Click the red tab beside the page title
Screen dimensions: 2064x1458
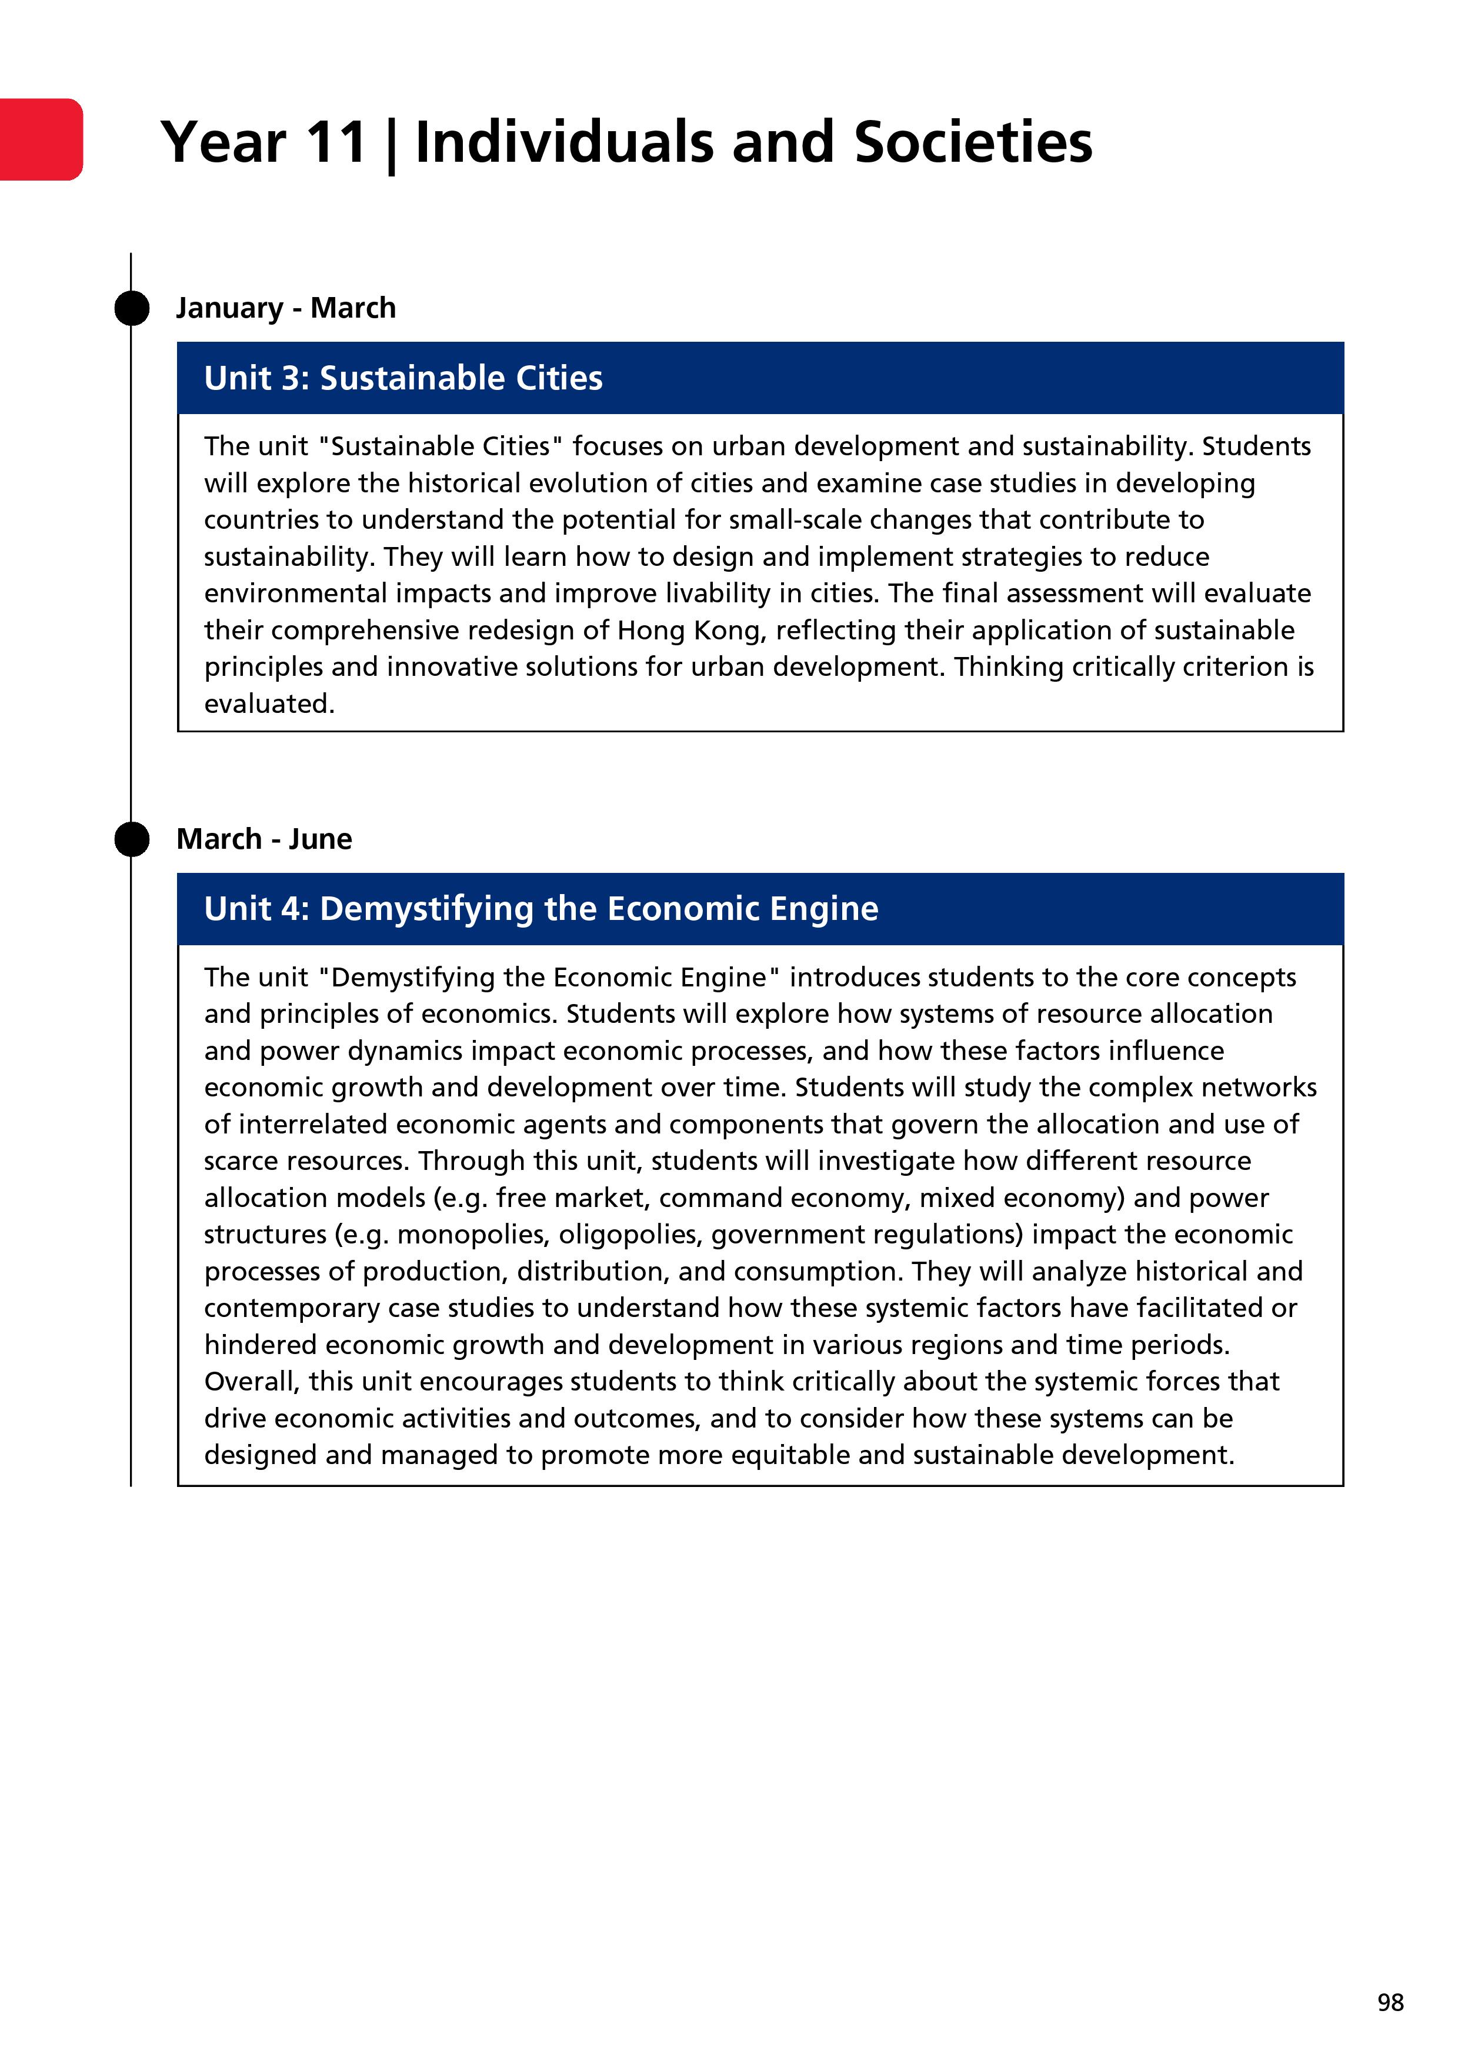point(41,139)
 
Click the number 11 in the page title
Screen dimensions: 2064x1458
point(335,142)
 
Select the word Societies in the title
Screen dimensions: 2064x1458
point(973,142)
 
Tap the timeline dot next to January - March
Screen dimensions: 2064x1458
point(132,308)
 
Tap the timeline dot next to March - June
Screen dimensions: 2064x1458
point(132,839)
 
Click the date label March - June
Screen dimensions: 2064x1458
point(264,839)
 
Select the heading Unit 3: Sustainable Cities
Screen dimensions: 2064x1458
point(403,378)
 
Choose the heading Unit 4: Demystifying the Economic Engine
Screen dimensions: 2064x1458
point(541,908)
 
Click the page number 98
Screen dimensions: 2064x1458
point(1390,2002)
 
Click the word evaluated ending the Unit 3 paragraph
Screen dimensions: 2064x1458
point(269,704)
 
